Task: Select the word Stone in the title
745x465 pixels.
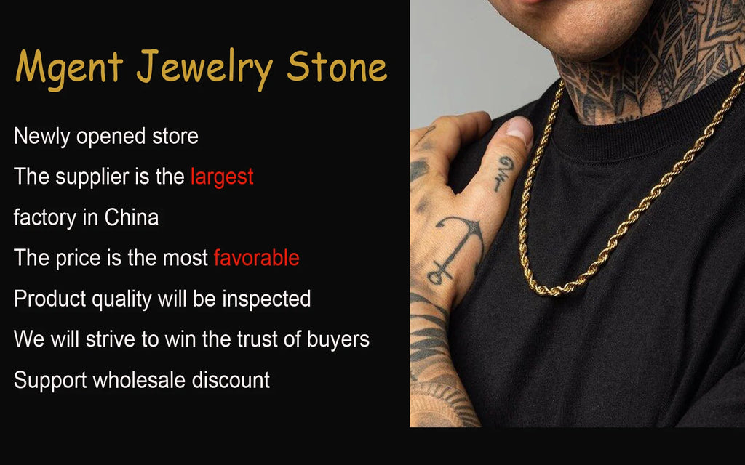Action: point(336,68)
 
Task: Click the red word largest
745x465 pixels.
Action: point(222,177)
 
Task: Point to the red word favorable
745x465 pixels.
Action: point(256,257)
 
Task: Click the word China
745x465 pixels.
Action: point(131,217)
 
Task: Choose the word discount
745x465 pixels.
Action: point(231,379)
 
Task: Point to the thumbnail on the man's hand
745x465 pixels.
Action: point(519,130)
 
